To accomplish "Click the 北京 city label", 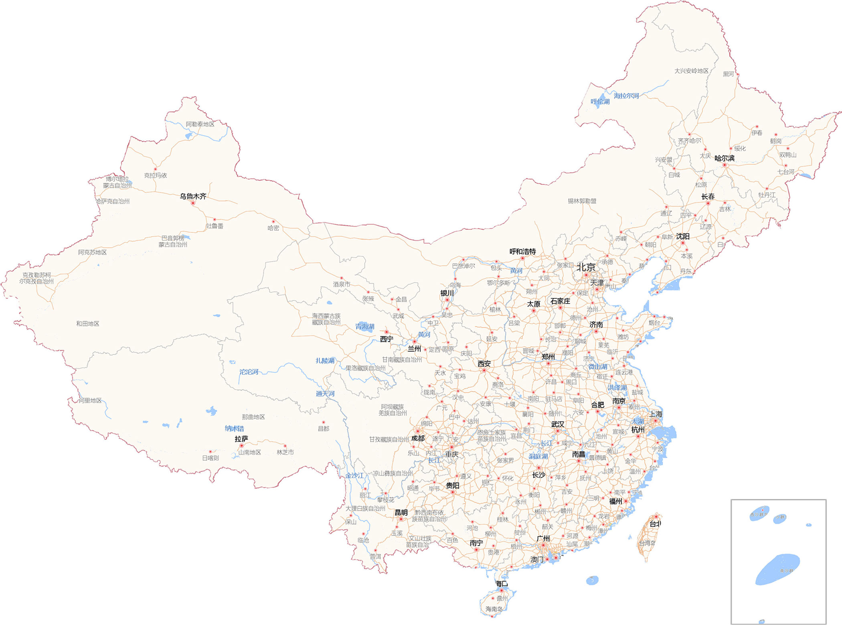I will [585, 267].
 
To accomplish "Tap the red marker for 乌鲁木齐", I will [193, 203].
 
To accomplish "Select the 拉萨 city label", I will [241, 439].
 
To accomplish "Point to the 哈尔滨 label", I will [725, 158].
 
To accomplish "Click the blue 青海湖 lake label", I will [364, 326].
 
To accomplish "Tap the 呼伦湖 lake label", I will [600, 101].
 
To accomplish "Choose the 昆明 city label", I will [401, 512].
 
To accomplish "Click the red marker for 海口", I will [501, 590].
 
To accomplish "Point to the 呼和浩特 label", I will [522, 252].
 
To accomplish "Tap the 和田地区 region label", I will [87, 324].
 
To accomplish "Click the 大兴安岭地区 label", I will [691, 71].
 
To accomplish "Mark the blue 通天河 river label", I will [325, 394].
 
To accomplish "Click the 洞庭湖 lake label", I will [538, 456].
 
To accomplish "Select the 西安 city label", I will [484, 364].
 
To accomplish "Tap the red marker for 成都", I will [417, 431].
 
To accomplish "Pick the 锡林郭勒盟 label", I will [582, 201].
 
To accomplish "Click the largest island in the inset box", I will [777, 569].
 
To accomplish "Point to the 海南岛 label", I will [494, 609].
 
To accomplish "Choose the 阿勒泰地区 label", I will [200, 124].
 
